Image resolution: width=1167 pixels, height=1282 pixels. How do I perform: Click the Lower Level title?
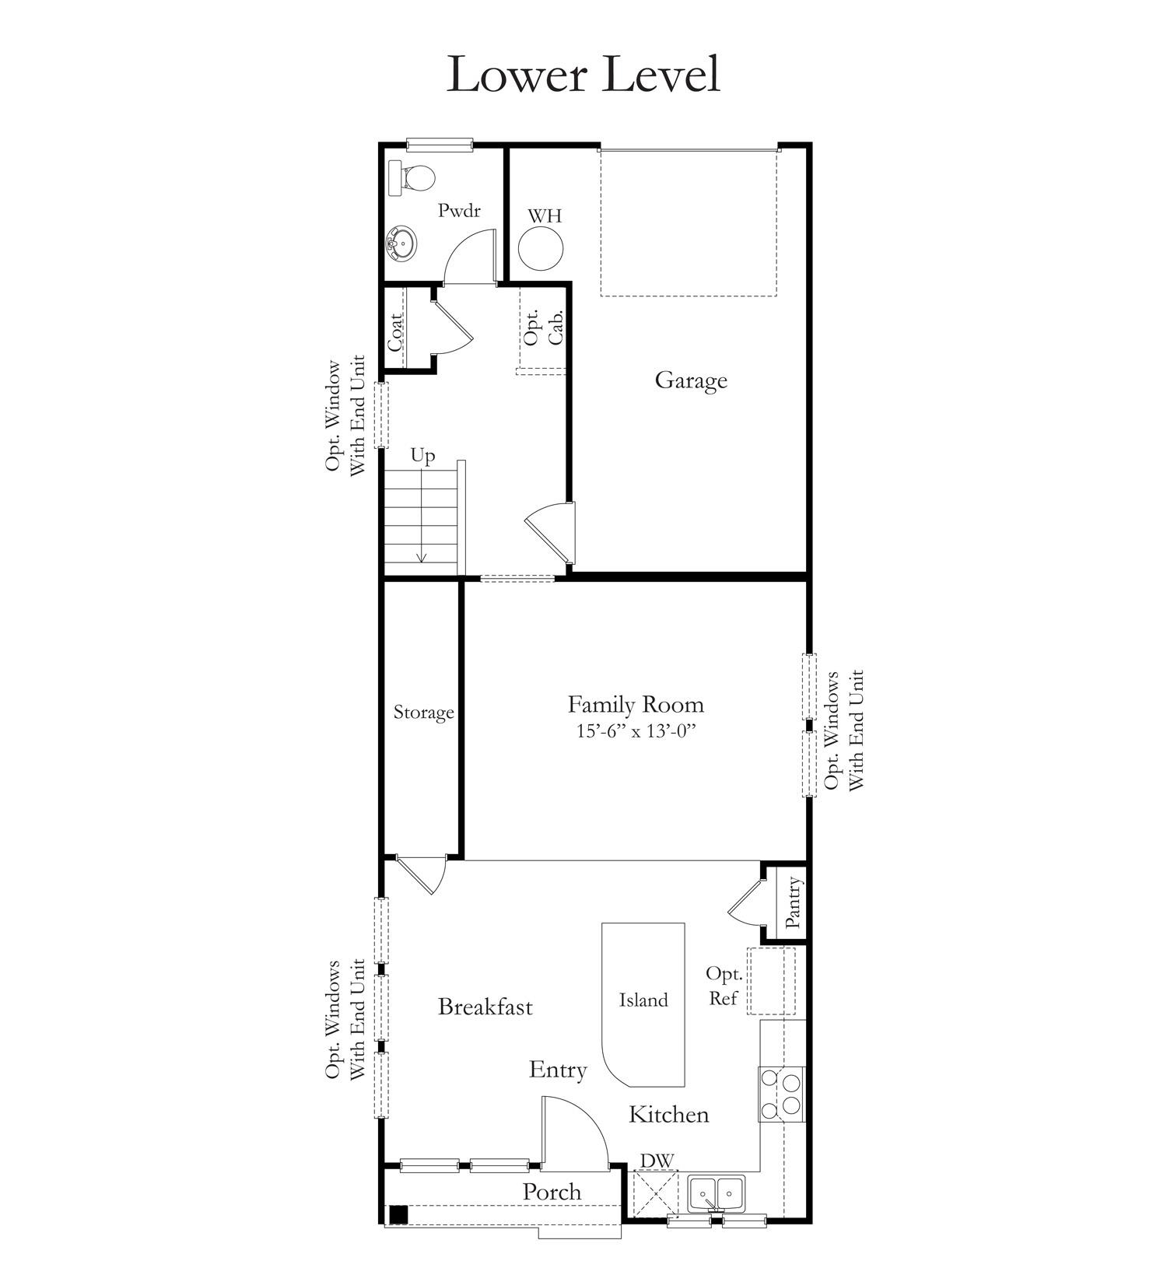(583, 75)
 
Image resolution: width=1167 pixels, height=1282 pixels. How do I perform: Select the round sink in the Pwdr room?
(401, 243)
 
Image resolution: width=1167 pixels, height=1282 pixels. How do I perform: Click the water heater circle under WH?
(541, 249)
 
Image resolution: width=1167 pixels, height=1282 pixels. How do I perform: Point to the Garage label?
(691, 380)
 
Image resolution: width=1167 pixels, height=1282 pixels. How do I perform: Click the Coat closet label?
(395, 331)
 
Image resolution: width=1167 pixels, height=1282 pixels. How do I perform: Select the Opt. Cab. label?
(542, 327)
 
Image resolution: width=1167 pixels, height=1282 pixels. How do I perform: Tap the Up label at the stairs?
(422, 455)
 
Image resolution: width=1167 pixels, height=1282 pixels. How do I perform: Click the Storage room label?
(423, 713)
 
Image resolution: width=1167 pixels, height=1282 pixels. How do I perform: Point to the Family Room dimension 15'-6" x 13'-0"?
(635, 731)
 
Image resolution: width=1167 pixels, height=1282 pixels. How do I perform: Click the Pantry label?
(792, 902)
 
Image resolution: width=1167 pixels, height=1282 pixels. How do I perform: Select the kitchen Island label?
(643, 1000)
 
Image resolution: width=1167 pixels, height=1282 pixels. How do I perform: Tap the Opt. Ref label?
(724, 986)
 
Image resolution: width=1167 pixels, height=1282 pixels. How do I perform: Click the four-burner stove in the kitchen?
(781, 1094)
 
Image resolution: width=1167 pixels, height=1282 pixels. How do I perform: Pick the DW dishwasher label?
(656, 1161)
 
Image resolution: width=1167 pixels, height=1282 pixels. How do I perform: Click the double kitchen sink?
(717, 1193)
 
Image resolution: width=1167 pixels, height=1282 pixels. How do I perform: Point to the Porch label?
(552, 1192)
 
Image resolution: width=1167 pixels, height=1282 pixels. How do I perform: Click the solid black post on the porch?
(398, 1214)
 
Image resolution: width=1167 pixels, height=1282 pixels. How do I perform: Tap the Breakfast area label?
(485, 1007)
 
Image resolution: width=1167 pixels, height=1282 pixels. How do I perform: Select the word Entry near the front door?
(558, 1070)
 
